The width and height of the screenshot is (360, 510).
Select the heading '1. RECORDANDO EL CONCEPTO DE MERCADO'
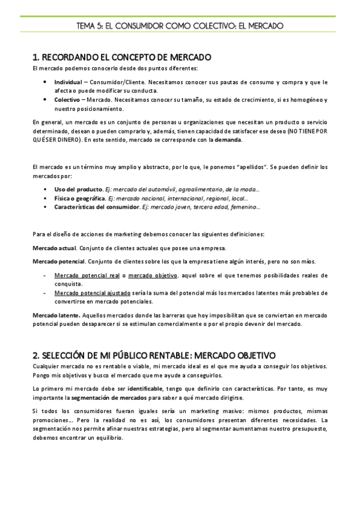tap(122, 58)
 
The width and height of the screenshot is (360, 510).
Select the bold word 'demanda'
tap(228, 140)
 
